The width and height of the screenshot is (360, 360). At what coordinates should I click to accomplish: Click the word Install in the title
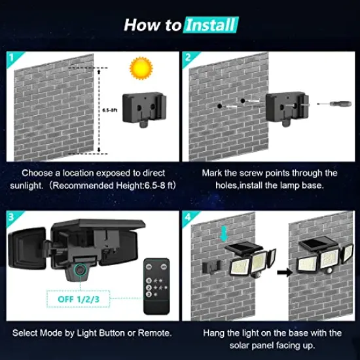(211, 26)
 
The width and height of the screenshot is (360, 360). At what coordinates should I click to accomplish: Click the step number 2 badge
(189, 58)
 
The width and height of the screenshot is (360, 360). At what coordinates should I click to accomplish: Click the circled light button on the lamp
(81, 270)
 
